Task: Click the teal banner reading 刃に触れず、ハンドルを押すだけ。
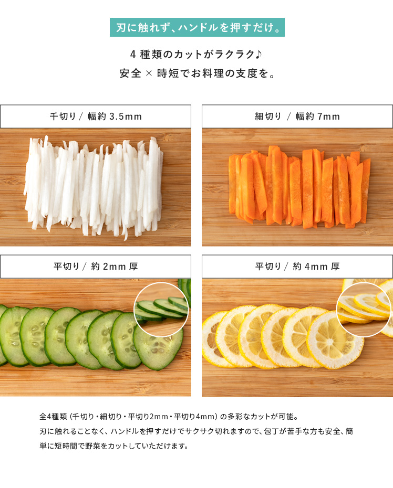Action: click(x=197, y=27)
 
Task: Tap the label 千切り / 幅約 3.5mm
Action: click(x=96, y=116)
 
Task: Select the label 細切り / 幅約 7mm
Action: click(x=297, y=116)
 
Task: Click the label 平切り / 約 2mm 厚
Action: click(x=96, y=267)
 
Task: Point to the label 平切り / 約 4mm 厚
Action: click(x=297, y=267)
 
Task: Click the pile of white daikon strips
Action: click(x=94, y=186)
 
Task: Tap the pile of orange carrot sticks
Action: click(x=299, y=186)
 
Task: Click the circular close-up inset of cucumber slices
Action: click(x=161, y=310)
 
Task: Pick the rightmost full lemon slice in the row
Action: click(x=335, y=341)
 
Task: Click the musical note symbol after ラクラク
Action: click(x=258, y=54)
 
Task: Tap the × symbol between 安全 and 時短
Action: click(x=149, y=73)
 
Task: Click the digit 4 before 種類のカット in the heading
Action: click(x=133, y=55)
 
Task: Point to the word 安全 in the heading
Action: click(x=130, y=73)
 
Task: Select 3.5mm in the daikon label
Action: click(x=125, y=116)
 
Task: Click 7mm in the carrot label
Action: click(x=328, y=116)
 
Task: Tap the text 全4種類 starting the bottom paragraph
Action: click(x=53, y=417)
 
